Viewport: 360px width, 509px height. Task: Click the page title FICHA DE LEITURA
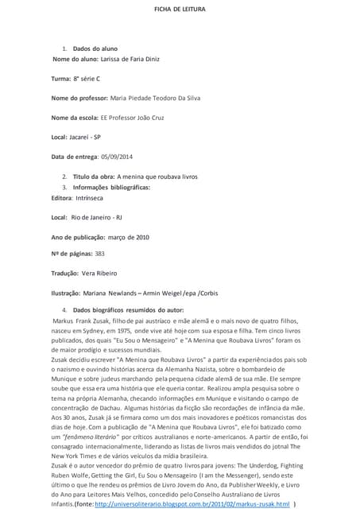click(x=180, y=9)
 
